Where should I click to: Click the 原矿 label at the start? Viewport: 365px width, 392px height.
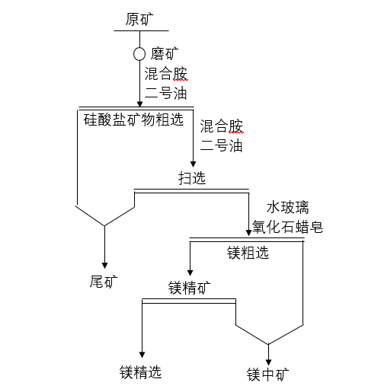pos(139,19)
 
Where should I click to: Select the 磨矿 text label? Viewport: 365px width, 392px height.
pos(165,54)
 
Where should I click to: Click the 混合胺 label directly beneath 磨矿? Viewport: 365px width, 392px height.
pos(166,74)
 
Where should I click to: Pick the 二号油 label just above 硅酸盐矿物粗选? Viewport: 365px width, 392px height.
pos(165,93)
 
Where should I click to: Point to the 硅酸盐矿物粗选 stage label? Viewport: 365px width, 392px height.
pos(133,120)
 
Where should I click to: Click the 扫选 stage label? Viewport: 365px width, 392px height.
pos(192,177)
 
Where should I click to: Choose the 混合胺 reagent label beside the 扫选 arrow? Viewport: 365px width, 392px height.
pos(222,126)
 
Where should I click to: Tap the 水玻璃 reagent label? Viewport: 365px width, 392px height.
pos(288,208)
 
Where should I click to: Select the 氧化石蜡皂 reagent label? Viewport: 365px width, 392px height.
pos(287,227)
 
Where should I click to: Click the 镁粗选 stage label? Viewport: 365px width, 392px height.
pos(248,253)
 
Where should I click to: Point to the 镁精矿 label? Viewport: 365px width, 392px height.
pos(190,288)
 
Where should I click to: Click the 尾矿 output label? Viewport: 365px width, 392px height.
pos(104,282)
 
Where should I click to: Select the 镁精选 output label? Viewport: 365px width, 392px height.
pos(141,372)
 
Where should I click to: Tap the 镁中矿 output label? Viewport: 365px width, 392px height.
pos(268,374)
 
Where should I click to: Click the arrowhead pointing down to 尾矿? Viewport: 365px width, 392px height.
pos(104,266)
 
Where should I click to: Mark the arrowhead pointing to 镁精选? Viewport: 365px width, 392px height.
pos(142,355)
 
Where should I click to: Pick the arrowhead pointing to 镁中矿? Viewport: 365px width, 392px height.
pos(268,362)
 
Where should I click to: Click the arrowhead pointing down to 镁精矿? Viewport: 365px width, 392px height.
pos(190,272)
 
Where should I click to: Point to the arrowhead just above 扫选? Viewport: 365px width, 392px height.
pos(193,164)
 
